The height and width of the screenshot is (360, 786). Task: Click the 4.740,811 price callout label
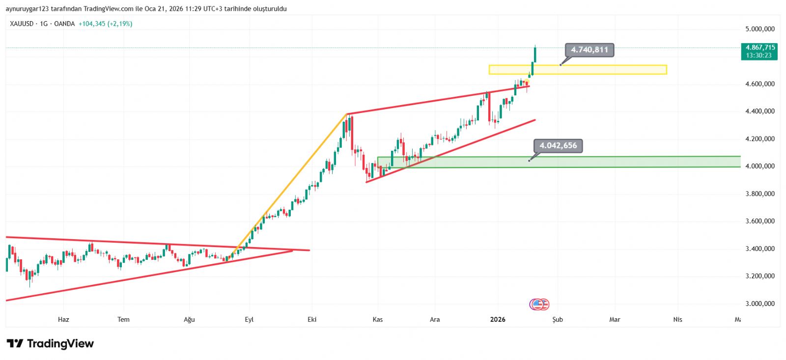pos(589,50)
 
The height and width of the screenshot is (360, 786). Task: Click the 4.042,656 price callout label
pos(558,145)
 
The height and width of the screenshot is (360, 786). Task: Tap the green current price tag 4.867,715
pos(760,48)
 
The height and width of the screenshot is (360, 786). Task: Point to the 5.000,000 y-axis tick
pos(759,29)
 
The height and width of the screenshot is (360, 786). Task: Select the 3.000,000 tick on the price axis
pos(759,304)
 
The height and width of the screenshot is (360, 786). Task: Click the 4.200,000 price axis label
pos(759,139)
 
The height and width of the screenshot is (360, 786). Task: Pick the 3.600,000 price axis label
pos(759,221)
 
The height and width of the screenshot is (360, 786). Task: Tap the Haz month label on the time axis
pos(63,319)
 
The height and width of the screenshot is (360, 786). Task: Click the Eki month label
pos(312,319)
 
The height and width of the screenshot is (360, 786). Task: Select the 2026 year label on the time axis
pos(498,319)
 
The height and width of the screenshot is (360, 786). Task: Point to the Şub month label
pos(558,319)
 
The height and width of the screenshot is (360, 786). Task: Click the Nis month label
pos(678,319)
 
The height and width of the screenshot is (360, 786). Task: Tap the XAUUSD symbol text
pos(21,24)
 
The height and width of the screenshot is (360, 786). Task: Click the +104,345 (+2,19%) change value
pos(105,24)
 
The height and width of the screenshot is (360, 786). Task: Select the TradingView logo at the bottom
pos(50,343)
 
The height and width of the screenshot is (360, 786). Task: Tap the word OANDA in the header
pos(64,24)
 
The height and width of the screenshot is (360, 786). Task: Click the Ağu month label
pos(189,319)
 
